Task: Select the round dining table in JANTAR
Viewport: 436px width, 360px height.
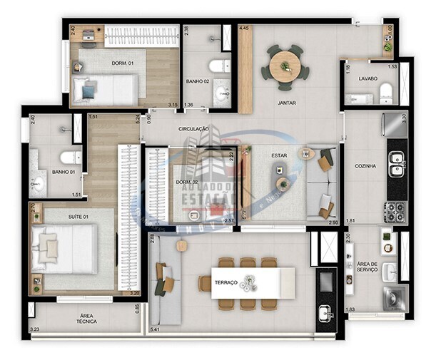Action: coord(285,66)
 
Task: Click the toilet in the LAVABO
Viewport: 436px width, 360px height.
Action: coord(386,91)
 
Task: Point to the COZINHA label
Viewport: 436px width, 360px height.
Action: coord(365,166)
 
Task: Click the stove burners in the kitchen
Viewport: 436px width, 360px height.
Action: coord(395,212)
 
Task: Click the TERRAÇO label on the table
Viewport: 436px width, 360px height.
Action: coord(226,283)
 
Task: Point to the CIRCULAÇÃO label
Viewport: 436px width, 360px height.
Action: coord(193,129)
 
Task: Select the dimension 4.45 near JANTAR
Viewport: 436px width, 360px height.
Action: coord(244,29)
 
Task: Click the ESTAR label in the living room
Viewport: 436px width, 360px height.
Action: coord(279,155)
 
